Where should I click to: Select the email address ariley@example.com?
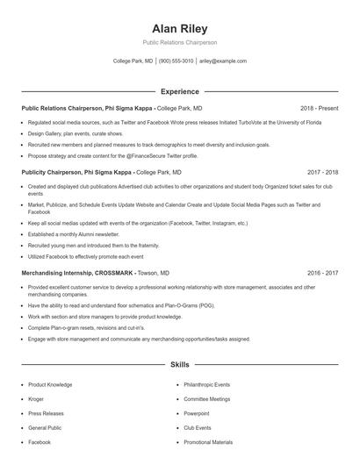tap(223, 61)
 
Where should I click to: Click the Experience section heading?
tap(179, 91)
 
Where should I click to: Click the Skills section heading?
tap(179, 363)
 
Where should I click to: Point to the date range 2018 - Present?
tap(320, 107)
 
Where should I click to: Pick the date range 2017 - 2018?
tap(323, 173)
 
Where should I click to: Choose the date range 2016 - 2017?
tap(323, 273)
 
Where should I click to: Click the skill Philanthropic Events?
tap(206, 384)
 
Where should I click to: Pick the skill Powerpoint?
tap(197, 413)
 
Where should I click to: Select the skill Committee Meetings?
tap(206, 398)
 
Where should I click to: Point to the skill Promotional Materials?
tap(208, 442)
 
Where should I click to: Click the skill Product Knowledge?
tap(50, 384)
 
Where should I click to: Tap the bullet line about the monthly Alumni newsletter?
tap(73, 235)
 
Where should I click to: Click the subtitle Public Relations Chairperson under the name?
tap(179, 42)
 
